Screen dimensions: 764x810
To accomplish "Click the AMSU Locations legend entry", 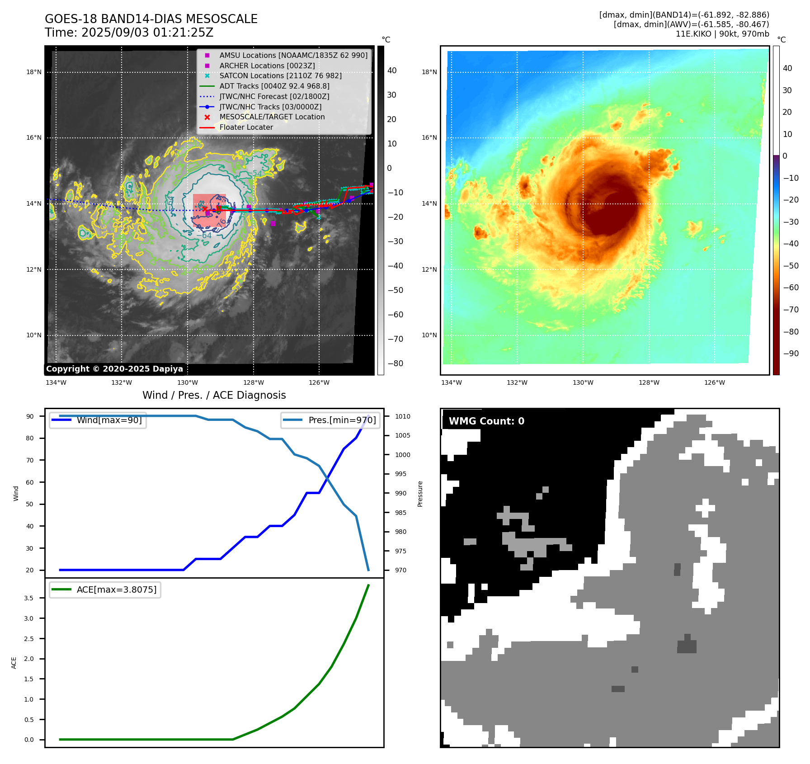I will pos(293,55).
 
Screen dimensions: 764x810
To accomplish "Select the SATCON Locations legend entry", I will pos(280,75).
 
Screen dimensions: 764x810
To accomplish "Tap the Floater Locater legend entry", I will pos(246,127).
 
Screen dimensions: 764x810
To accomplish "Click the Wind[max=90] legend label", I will pos(109,420).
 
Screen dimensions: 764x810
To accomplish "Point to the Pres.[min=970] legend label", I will pos(342,420).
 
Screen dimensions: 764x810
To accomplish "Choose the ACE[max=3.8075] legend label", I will pos(116,590).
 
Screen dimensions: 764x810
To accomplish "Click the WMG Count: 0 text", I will pos(486,421).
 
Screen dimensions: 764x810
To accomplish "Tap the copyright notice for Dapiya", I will pos(114,369).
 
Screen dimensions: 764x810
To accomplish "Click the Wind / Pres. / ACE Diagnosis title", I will pos(214,395).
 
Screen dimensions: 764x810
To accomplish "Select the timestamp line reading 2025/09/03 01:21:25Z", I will pos(129,33).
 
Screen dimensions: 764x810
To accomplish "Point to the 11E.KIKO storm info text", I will pos(722,34).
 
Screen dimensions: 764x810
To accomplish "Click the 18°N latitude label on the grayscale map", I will pos(34,72).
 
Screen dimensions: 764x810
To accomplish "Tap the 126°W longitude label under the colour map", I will pos(714,382).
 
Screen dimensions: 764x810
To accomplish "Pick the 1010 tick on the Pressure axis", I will pos(402,416).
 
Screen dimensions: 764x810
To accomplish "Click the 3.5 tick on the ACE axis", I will pos(29,598).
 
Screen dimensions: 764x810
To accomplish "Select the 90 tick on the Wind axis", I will pos(30,416).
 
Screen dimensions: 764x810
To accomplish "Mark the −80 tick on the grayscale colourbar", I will pos(395,363).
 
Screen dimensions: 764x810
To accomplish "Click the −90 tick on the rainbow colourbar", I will pos(791,354).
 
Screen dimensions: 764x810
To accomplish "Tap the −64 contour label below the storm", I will pos(204,236).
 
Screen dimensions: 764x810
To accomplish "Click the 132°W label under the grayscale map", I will pos(122,382).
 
